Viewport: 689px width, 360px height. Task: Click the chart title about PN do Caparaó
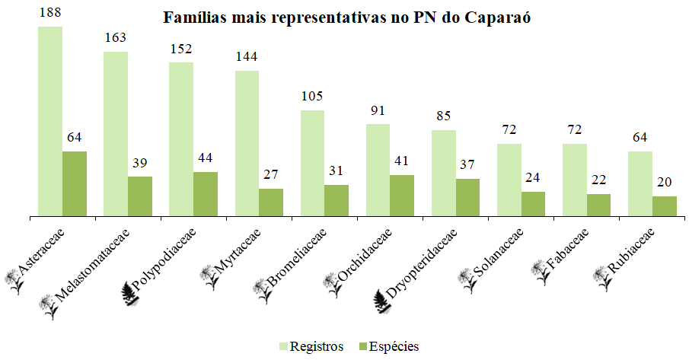(346, 18)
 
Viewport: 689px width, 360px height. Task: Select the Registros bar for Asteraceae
(50, 122)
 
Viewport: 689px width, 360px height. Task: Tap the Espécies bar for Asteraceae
(75, 184)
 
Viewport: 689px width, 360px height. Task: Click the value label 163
(115, 37)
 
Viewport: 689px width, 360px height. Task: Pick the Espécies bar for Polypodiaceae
(206, 194)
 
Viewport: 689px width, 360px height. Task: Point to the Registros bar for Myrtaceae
(247, 144)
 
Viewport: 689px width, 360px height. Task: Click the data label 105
(312, 96)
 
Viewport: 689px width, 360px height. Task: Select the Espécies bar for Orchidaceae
(402, 196)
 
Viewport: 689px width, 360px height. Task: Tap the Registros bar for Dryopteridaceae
(443, 174)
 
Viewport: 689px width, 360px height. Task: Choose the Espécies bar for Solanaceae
(533, 204)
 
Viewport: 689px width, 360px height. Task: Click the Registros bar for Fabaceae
(574, 180)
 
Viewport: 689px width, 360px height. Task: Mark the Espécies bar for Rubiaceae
(664, 206)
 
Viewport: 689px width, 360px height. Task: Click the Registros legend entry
(311, 346)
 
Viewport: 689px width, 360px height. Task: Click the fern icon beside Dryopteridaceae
(384, 302)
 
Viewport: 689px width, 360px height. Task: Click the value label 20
(665, 182)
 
